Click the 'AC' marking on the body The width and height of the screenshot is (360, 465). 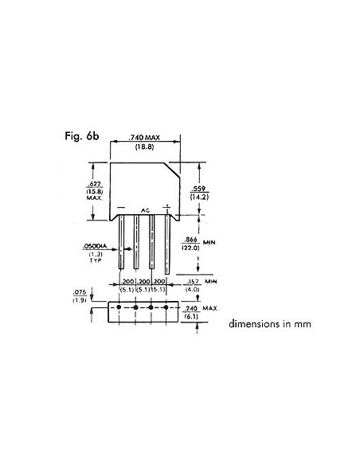tap(146, 210)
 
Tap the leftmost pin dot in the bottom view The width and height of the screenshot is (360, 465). tap(119, 307)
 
